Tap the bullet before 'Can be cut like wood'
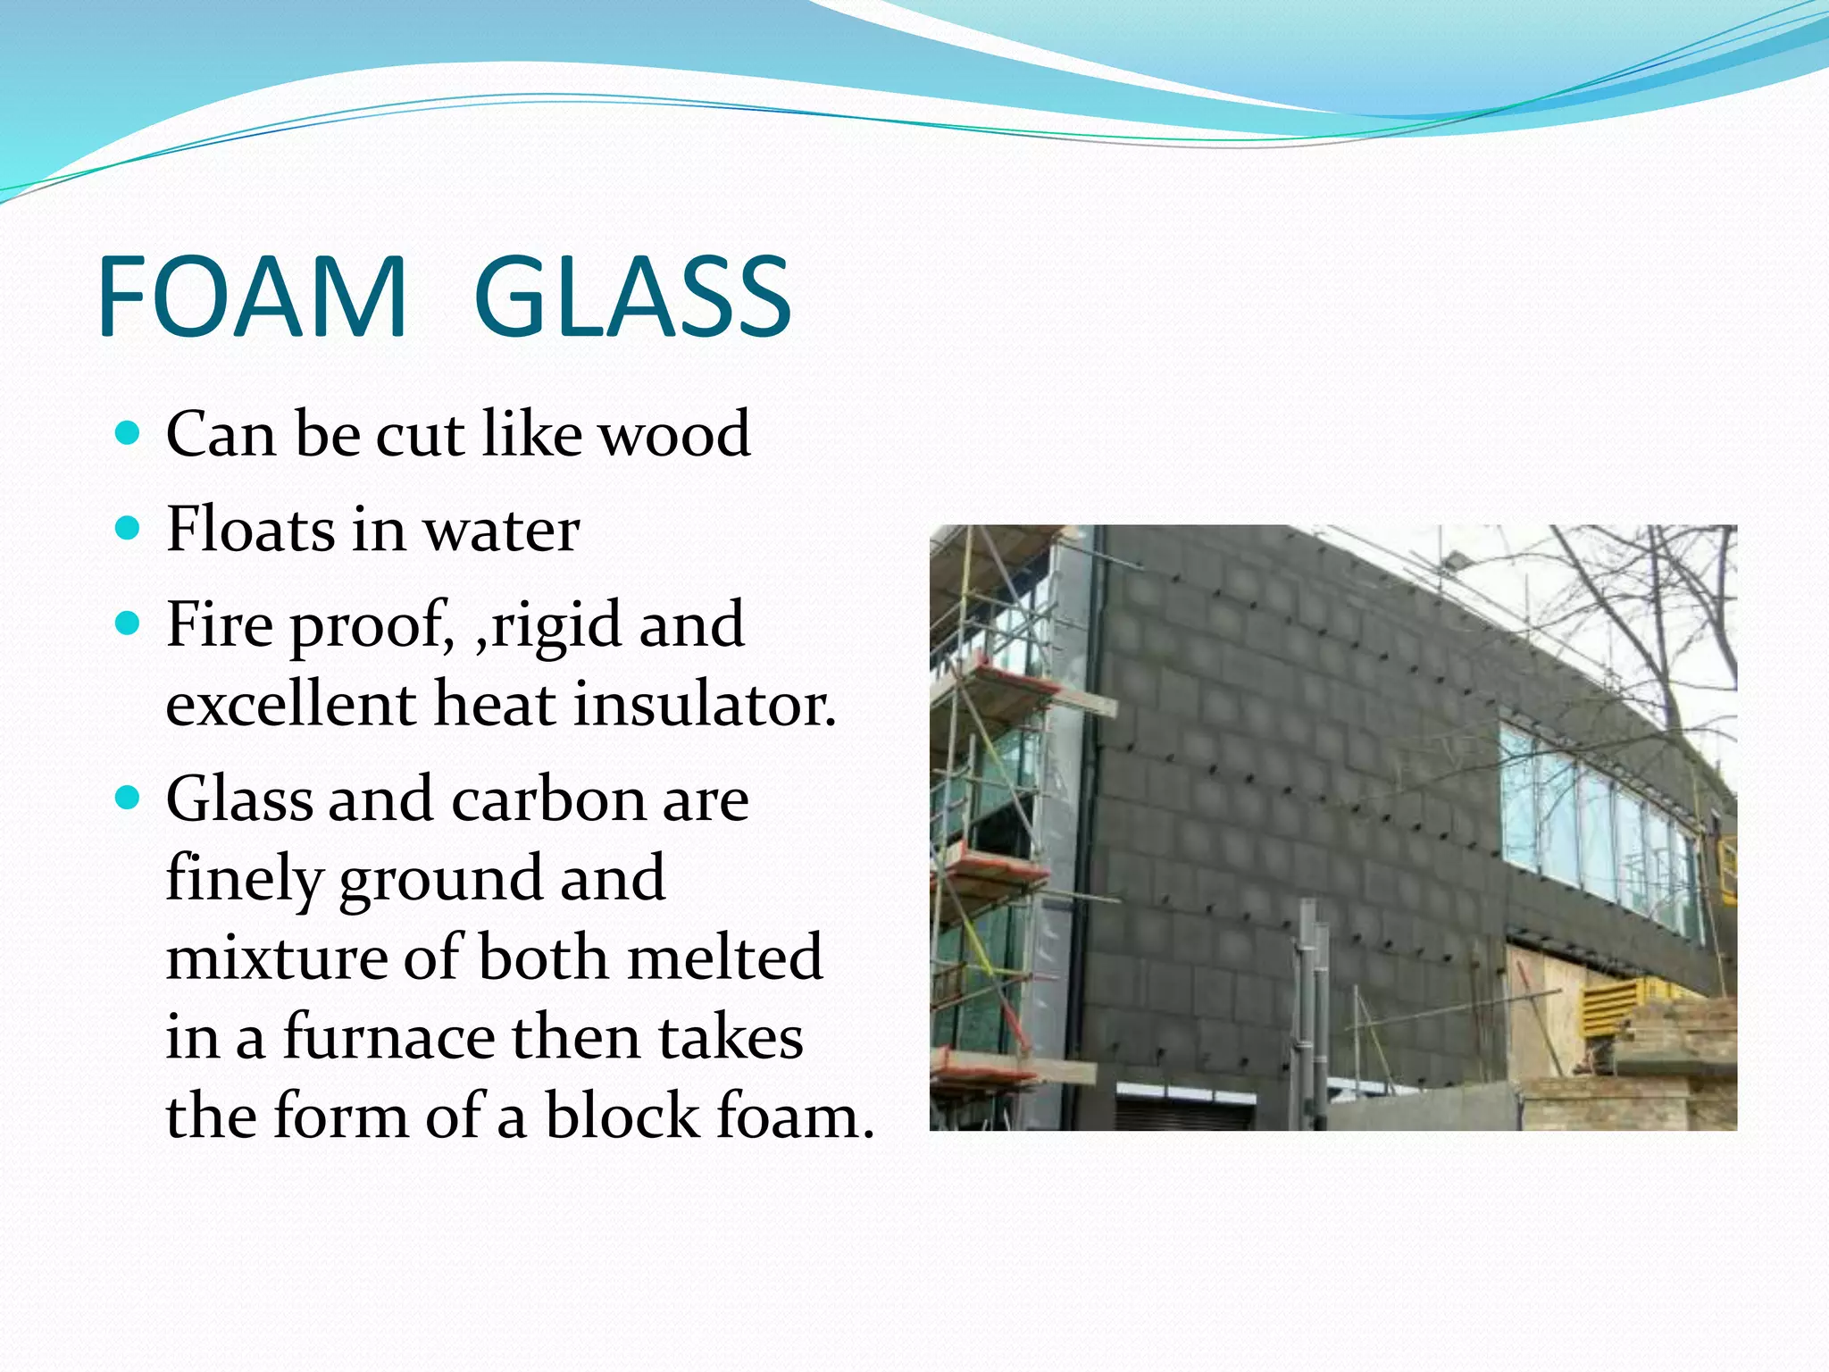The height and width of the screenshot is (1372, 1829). (x=129, y=435)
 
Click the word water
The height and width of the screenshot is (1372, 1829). (x=501, y=531)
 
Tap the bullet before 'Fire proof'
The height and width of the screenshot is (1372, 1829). (x=129, y=623)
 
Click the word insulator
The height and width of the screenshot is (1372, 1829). (x=704, y=704)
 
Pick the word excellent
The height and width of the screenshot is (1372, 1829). (x=291, y=704)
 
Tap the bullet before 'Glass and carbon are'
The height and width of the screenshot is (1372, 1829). (x=129, y=797)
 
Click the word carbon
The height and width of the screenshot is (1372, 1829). (x=548, y=799)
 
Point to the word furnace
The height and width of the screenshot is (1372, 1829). (x=389, y=1038)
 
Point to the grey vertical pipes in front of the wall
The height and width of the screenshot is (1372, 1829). (x=1309, y=1009)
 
